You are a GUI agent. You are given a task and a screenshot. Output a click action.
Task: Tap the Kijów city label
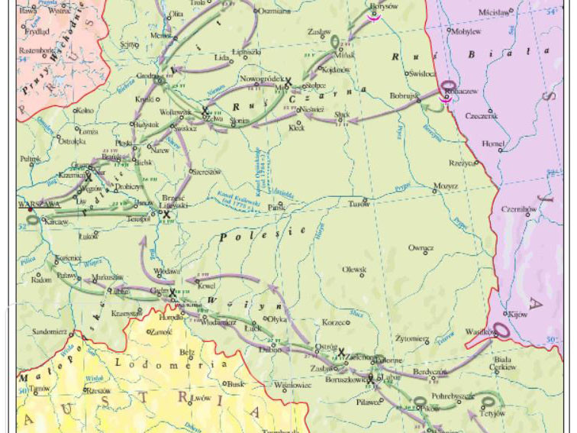(x=520, y=314)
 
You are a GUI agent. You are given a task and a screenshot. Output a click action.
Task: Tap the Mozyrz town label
(x=446, y=186)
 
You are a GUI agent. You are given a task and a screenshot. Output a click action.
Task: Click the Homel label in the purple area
(x=494, y=144)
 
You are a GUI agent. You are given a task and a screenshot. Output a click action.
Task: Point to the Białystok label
(x=146, y=124)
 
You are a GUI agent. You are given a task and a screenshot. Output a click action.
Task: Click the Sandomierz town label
(x=50, y=332)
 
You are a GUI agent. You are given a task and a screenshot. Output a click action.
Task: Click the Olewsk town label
(x=353, y=270)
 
